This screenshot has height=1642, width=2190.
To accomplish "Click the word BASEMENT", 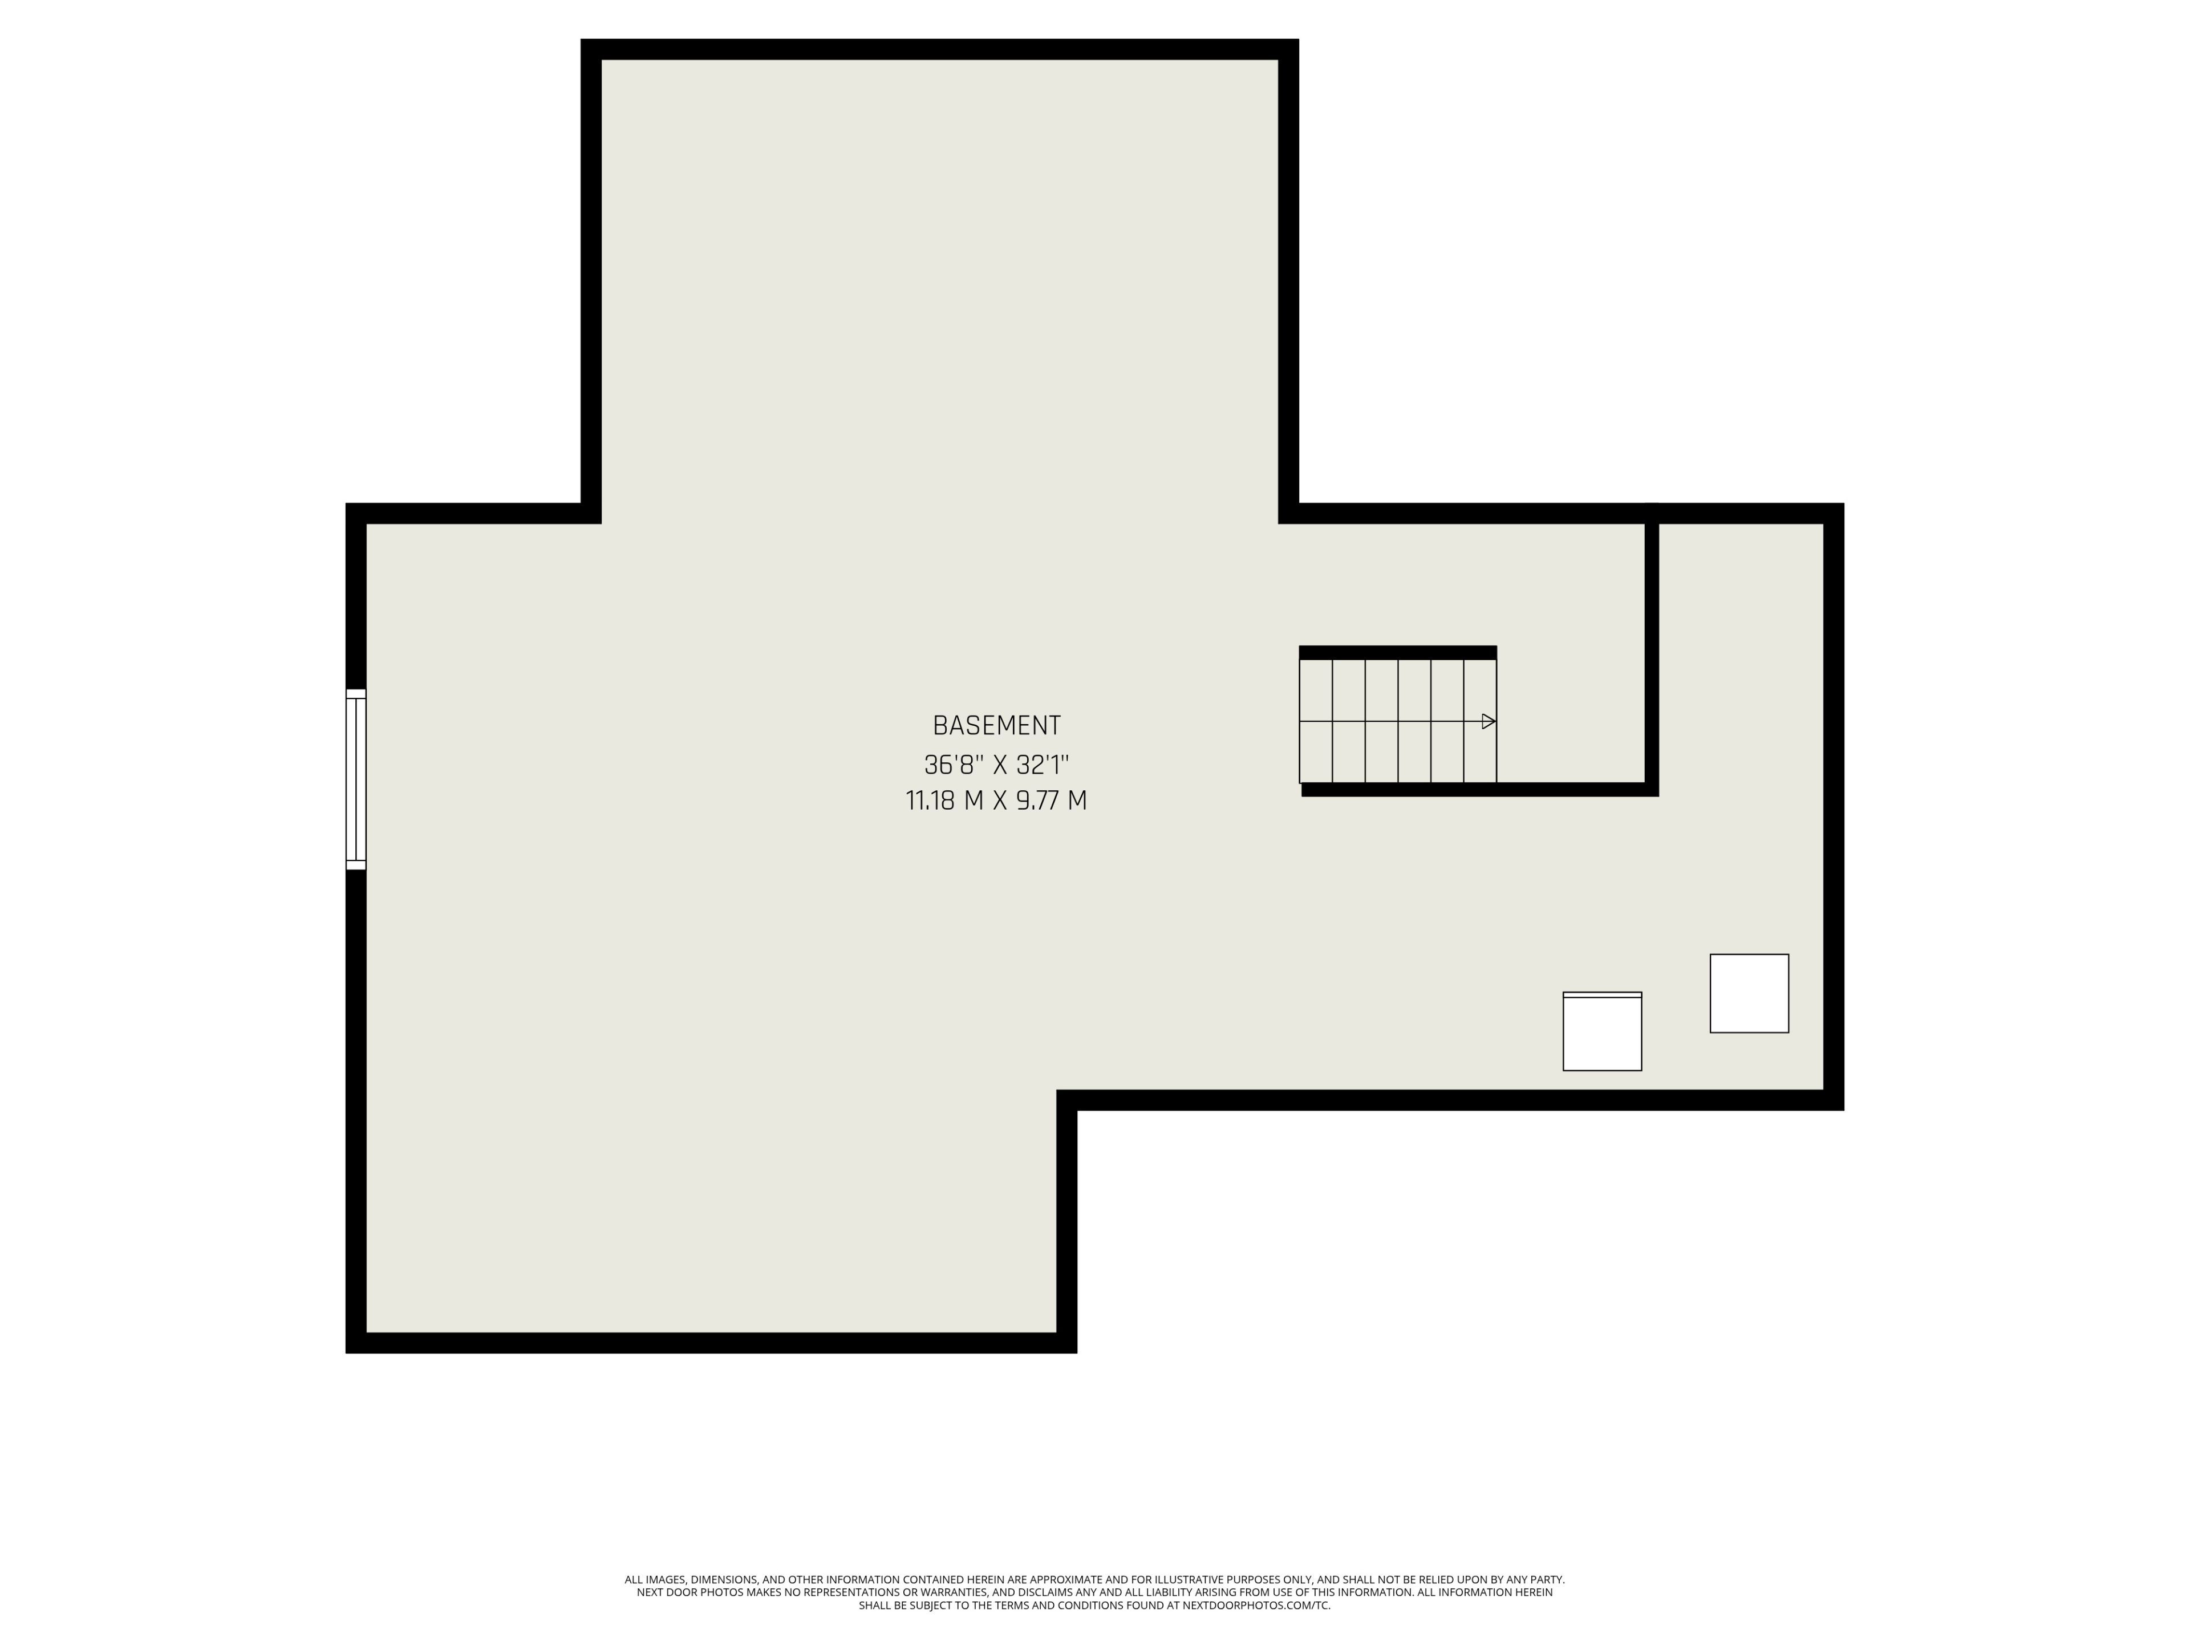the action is tap(996, 725).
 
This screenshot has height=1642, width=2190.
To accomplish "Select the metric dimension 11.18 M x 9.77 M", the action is tap(996, 800).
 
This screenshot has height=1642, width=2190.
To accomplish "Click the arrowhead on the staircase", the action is tap(1488, 722).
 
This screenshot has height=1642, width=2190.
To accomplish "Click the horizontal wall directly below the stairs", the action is tap(1479, 789).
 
